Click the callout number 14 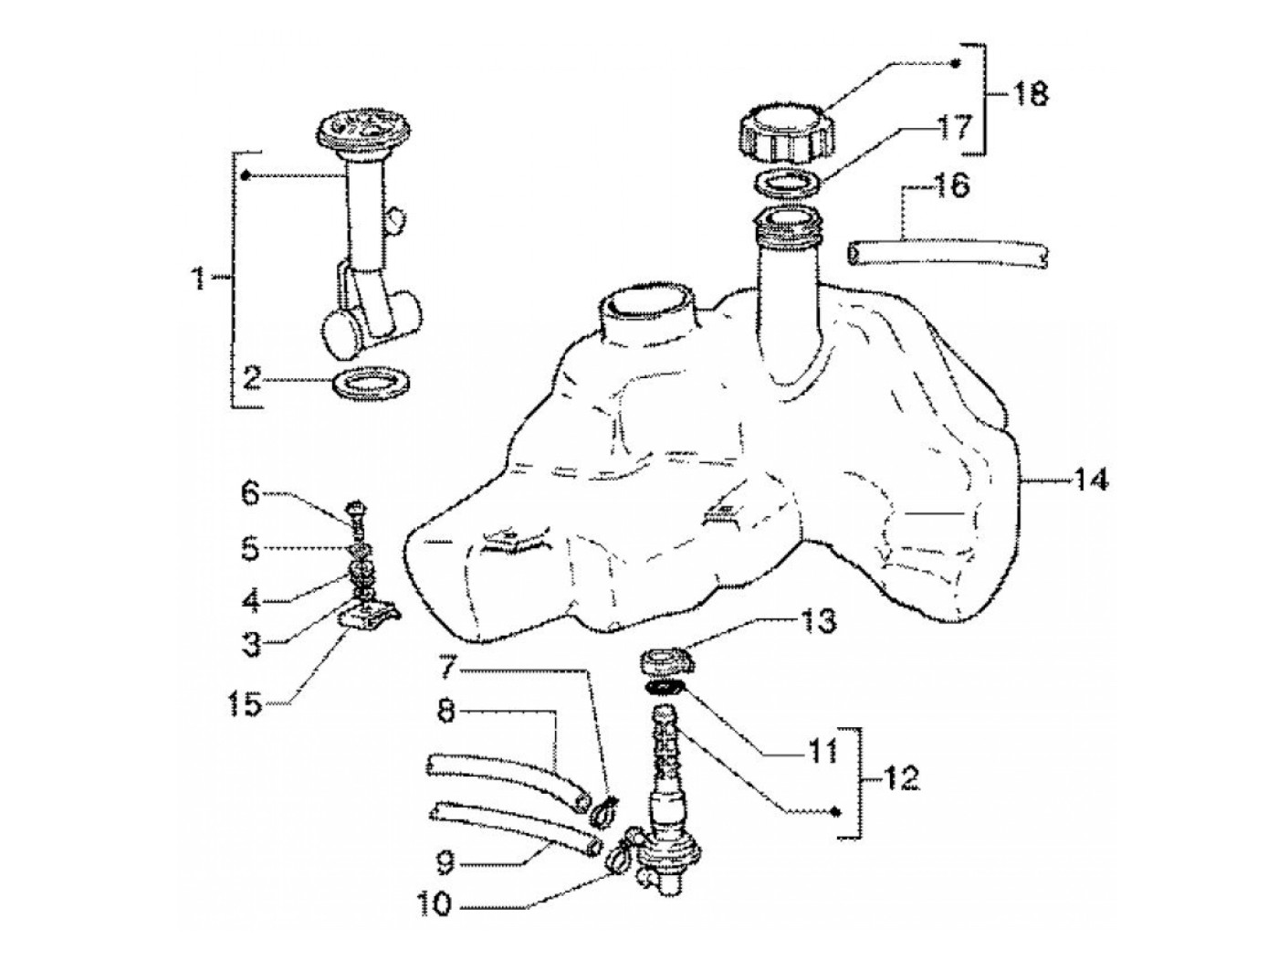tap(1090, 480)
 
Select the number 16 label tap(949, 187)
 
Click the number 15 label tap(246, 705)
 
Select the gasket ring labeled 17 tap(785, 184)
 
